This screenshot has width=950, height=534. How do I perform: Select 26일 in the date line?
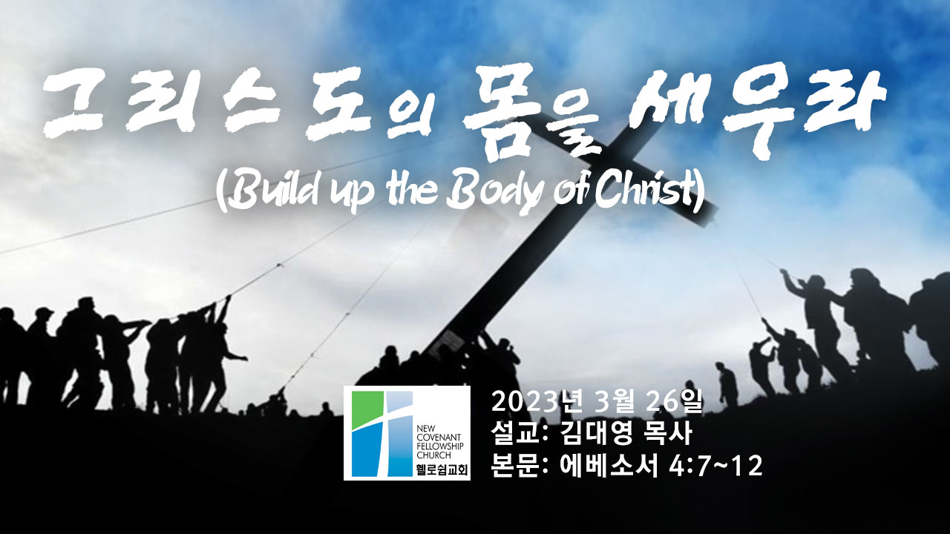(x=673, y=402)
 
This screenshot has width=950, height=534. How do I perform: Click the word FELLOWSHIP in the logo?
(x=441, y=446)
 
